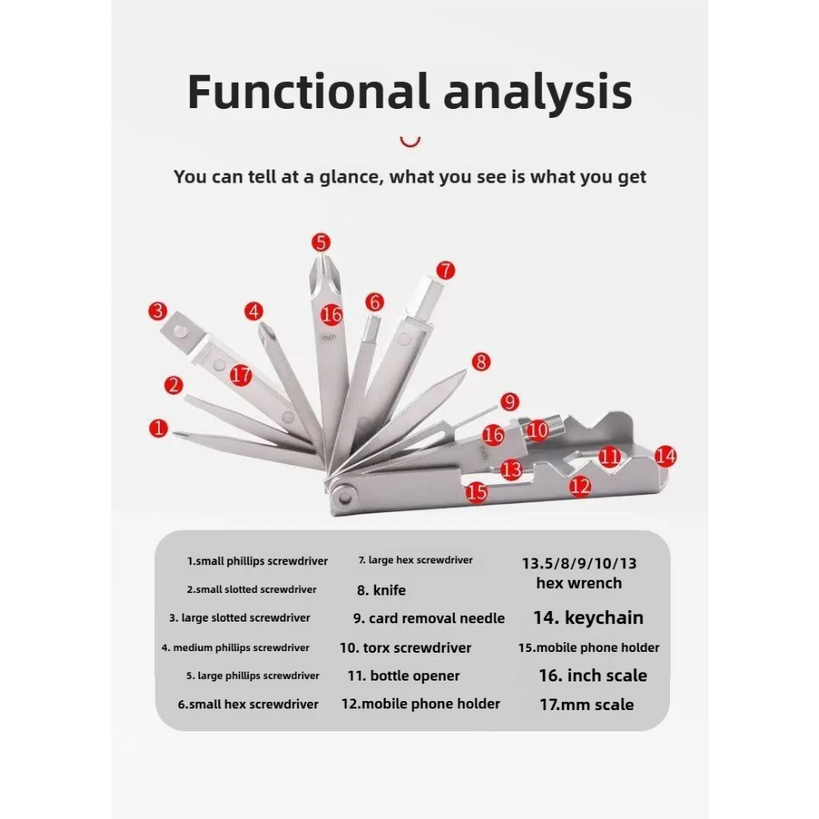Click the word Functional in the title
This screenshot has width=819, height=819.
pos(309,92)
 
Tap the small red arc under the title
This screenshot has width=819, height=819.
pos(410,142)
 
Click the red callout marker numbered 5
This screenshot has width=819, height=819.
pos(321,242)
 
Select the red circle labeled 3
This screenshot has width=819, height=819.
pos(158,311)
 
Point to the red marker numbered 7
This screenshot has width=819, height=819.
pos(446,270)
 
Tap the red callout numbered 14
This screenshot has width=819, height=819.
pos(665,456)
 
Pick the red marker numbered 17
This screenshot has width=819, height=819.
pos(241,375)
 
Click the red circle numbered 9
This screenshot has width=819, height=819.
pos(509,401)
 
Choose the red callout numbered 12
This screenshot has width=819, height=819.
pos(580,486)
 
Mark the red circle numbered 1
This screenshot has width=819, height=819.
pos(158,428)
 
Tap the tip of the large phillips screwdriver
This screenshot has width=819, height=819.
pos(320,256)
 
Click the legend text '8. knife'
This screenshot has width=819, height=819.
pos(382,590)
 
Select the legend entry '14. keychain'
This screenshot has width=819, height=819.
pos(588,618)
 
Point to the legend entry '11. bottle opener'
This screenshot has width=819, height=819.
pos(404,676)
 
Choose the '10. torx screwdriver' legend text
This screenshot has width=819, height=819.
pos(405,648)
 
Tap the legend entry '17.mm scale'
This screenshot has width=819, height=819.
pos(586,704)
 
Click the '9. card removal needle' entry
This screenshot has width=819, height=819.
pos(429,618)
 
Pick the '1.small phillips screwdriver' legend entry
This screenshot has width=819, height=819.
pos(257,562)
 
